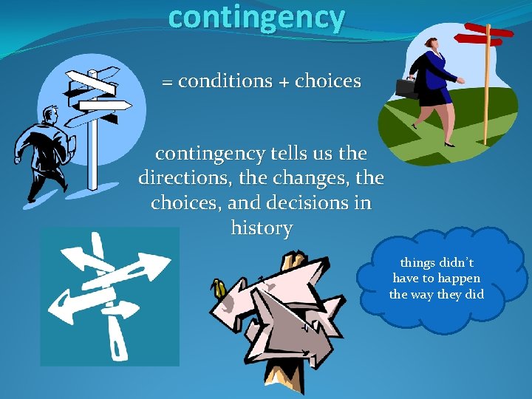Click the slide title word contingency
pyautogui.click(x=256, y=17)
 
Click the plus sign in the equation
pyautogui.click(x=284, y=82)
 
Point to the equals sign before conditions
pyautogui.click(x=167, y=83)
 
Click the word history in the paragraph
pyautogui.click(x=261, y=228)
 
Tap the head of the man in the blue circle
pyautogui.click(x=50, y=116)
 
